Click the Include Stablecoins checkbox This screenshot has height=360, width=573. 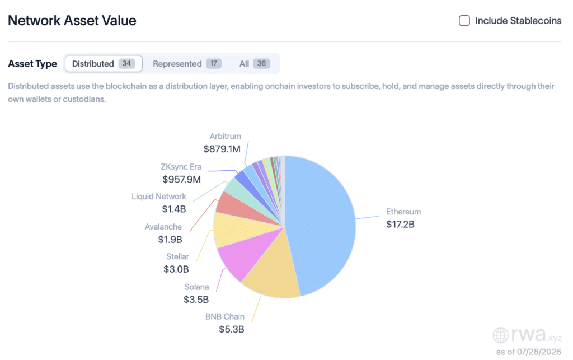click(464, 21)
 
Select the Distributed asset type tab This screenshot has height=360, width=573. click(104, 64)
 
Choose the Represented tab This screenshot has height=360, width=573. click(187, 64)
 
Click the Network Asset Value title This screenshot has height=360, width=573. click(72, 21)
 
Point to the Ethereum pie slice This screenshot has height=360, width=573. click(322, 223)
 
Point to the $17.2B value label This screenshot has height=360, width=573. click(400, 225)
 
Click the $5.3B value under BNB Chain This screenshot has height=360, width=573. click(231, 329)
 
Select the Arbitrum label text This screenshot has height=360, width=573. click(225, 136)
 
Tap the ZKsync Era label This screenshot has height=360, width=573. click(181, 167)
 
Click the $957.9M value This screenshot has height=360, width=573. click(182, 180)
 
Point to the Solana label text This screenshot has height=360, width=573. click(196, 287)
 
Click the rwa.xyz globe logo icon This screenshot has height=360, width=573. click(500, 335)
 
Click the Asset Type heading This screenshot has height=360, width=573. click(32, 64)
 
